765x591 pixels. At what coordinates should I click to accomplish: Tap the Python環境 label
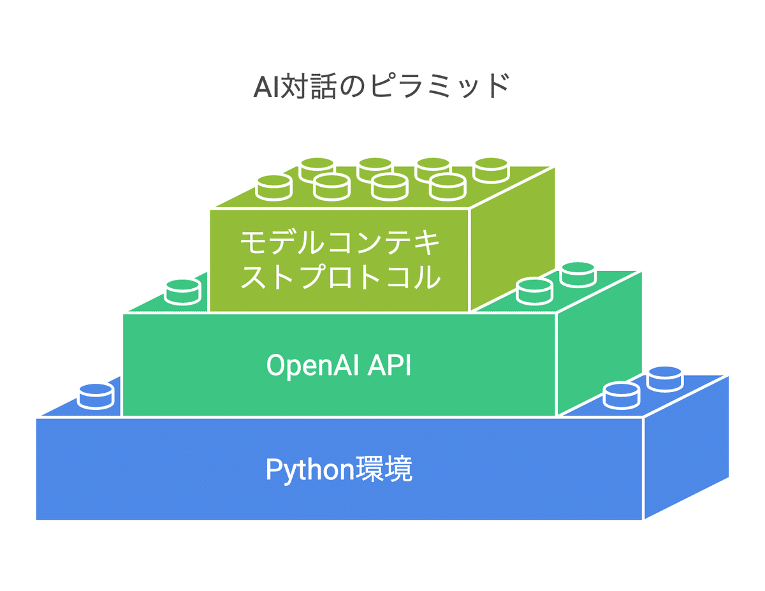tap(339, 470)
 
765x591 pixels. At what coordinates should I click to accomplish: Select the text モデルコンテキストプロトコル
tap(340, 260)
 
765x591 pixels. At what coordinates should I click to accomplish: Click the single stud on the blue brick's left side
tap(96, 395)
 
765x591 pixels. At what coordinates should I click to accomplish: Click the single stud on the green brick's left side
tap(183, 291)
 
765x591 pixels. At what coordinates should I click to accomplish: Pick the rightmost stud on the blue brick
tap(665, 379)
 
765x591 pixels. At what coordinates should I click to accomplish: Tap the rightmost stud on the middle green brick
tap(578, 274)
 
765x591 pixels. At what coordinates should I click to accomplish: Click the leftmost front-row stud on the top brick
tap(274, 186)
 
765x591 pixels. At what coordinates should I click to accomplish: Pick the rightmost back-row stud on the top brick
tap(491, 169)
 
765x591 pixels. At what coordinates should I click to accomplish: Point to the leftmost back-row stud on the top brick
tap(317, 169)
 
